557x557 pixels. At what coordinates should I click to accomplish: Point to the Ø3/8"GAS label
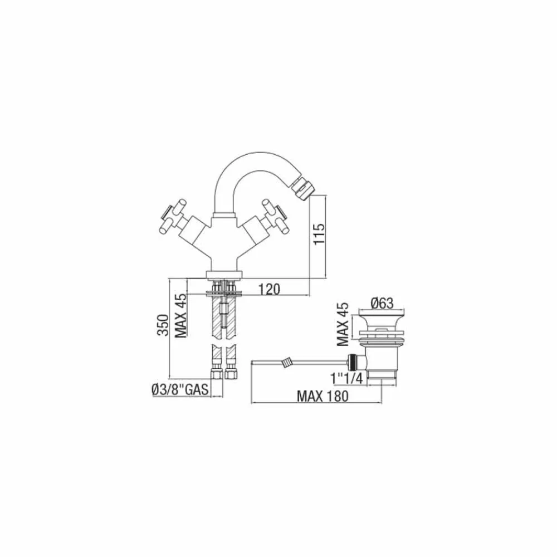pyautogui.click(x=179, y=390)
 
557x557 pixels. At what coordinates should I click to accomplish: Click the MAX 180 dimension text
pyautogui.click(x=321, y=396)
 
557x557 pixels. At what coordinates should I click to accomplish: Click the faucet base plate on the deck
pyautogui.click(x=224, y=274)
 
